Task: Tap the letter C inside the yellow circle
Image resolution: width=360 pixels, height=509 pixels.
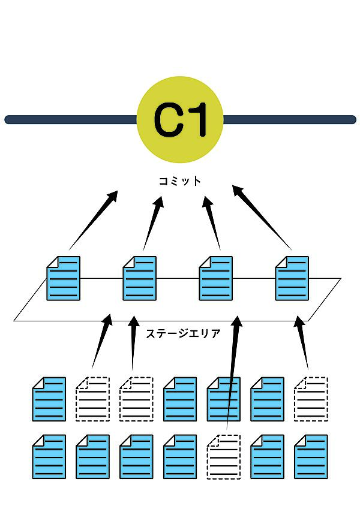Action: pyautogui.click(x=167, y=120)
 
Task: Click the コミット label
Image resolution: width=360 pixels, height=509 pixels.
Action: pyautogui.click(x=180, y=180)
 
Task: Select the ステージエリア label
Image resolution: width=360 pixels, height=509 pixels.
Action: pyautogui.click(x=183, y=333)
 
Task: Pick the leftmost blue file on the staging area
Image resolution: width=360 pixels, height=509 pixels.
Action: pyautogui.click(x=63, y=278)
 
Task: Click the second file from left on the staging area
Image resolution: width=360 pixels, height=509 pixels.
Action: pyautogui.click(x=139, y=278)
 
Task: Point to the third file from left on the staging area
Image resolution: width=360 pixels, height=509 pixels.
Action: pyautogui.click(x=215, y=278)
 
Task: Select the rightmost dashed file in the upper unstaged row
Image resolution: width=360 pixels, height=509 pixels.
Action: pyautogui.click(x=311, y=399)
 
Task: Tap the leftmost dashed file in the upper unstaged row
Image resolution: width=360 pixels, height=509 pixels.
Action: pyautogui.click(x=92, y=399)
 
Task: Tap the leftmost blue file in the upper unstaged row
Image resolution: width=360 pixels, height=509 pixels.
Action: pyautogui.click(x=49, y=399)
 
